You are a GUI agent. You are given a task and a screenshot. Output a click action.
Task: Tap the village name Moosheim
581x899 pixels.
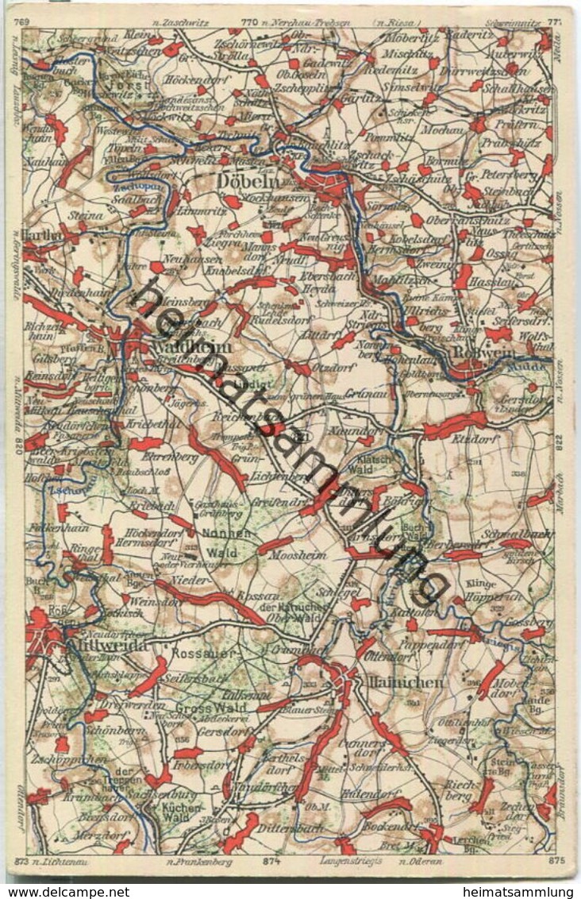pyautogui.click(x=297, y=555)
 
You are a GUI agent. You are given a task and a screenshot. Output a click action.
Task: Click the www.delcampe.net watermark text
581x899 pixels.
pyautogui.click(x=65, y=891)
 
